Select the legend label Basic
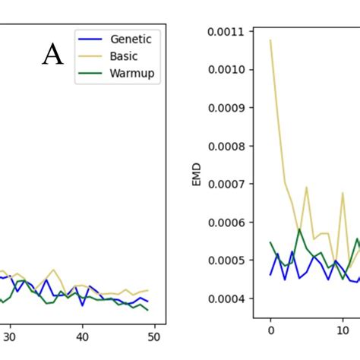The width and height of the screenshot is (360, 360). pos(125,58)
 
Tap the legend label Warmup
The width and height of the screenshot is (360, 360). pos(131,75)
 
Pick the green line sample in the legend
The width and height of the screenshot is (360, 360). pos(91,75)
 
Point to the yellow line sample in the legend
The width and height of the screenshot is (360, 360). pos(91,58)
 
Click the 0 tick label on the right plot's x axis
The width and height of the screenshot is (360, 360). pos(270,330)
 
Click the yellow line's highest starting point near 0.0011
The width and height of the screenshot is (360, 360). pos(270,40)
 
